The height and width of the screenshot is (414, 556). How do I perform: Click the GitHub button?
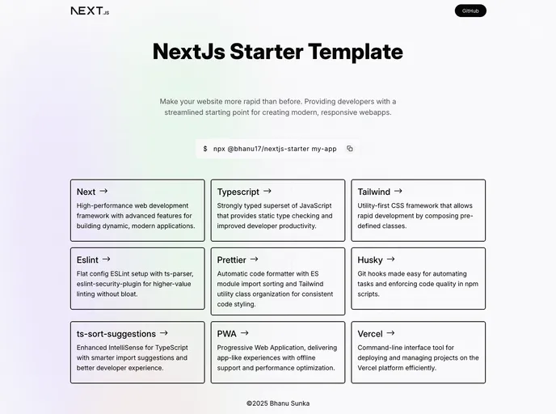click(x=470, y=11)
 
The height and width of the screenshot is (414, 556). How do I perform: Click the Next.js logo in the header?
click(x=90, y=11)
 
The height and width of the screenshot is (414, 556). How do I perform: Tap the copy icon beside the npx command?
click(x=350, y=149)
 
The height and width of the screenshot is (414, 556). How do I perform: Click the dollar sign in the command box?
click(x=205, y=149)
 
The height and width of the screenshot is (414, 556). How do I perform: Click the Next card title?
click(x=86, y=192)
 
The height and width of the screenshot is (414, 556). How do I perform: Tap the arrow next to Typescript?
click(x=267, y=192)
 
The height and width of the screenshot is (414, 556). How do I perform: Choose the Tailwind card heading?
click(x=374, y=192)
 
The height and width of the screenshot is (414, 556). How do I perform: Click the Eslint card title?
click(x=87, y=260)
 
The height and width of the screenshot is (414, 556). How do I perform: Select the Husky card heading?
click(x=370, y=260)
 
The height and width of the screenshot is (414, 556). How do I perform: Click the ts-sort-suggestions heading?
click(x=116, y=333)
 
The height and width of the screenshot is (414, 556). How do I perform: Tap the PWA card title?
click(x=227, y=333)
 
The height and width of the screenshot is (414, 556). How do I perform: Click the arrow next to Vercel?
click(x=390, y=333)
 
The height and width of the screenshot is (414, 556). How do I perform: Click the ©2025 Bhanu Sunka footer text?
click(x=278, y=403)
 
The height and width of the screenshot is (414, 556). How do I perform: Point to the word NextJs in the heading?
click(x=188, y=52)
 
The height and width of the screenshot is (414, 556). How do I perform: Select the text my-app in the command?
click(x=324, y=149)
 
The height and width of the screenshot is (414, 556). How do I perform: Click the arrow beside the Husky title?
click(x=391, y=260)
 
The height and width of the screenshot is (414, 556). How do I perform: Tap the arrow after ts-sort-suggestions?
click(x=164, y=333)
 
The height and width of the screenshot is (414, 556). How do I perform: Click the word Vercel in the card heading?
click(x=370, y=333)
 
